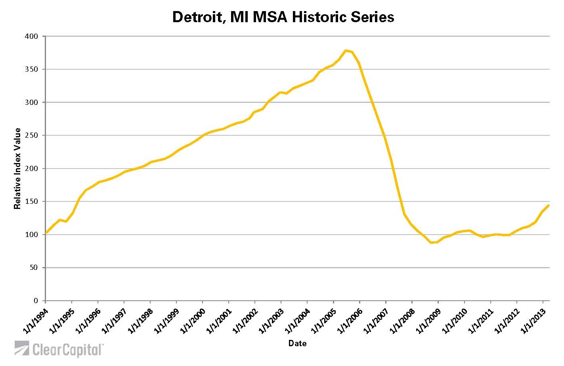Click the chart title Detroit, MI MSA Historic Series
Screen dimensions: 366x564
click(283, 17)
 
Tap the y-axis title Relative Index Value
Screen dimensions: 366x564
click(17, 169)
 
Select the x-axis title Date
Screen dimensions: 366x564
click(297, 343)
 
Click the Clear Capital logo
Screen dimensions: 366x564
click(59, 349)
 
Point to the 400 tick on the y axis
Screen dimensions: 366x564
click(32, 36)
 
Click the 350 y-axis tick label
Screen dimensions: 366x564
click(32, 69)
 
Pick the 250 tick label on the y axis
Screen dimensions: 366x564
click(32, 135)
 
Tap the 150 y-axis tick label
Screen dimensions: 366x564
click(32, 201)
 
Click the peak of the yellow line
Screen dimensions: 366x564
click(346, 51)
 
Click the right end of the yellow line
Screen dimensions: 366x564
click(549, 205)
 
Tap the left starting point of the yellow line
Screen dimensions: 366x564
click(46, 233)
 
